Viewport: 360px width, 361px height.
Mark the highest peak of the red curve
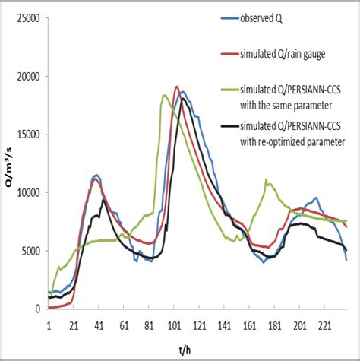pos(176,87)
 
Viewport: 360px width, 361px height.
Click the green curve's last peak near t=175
pos(266,180)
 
